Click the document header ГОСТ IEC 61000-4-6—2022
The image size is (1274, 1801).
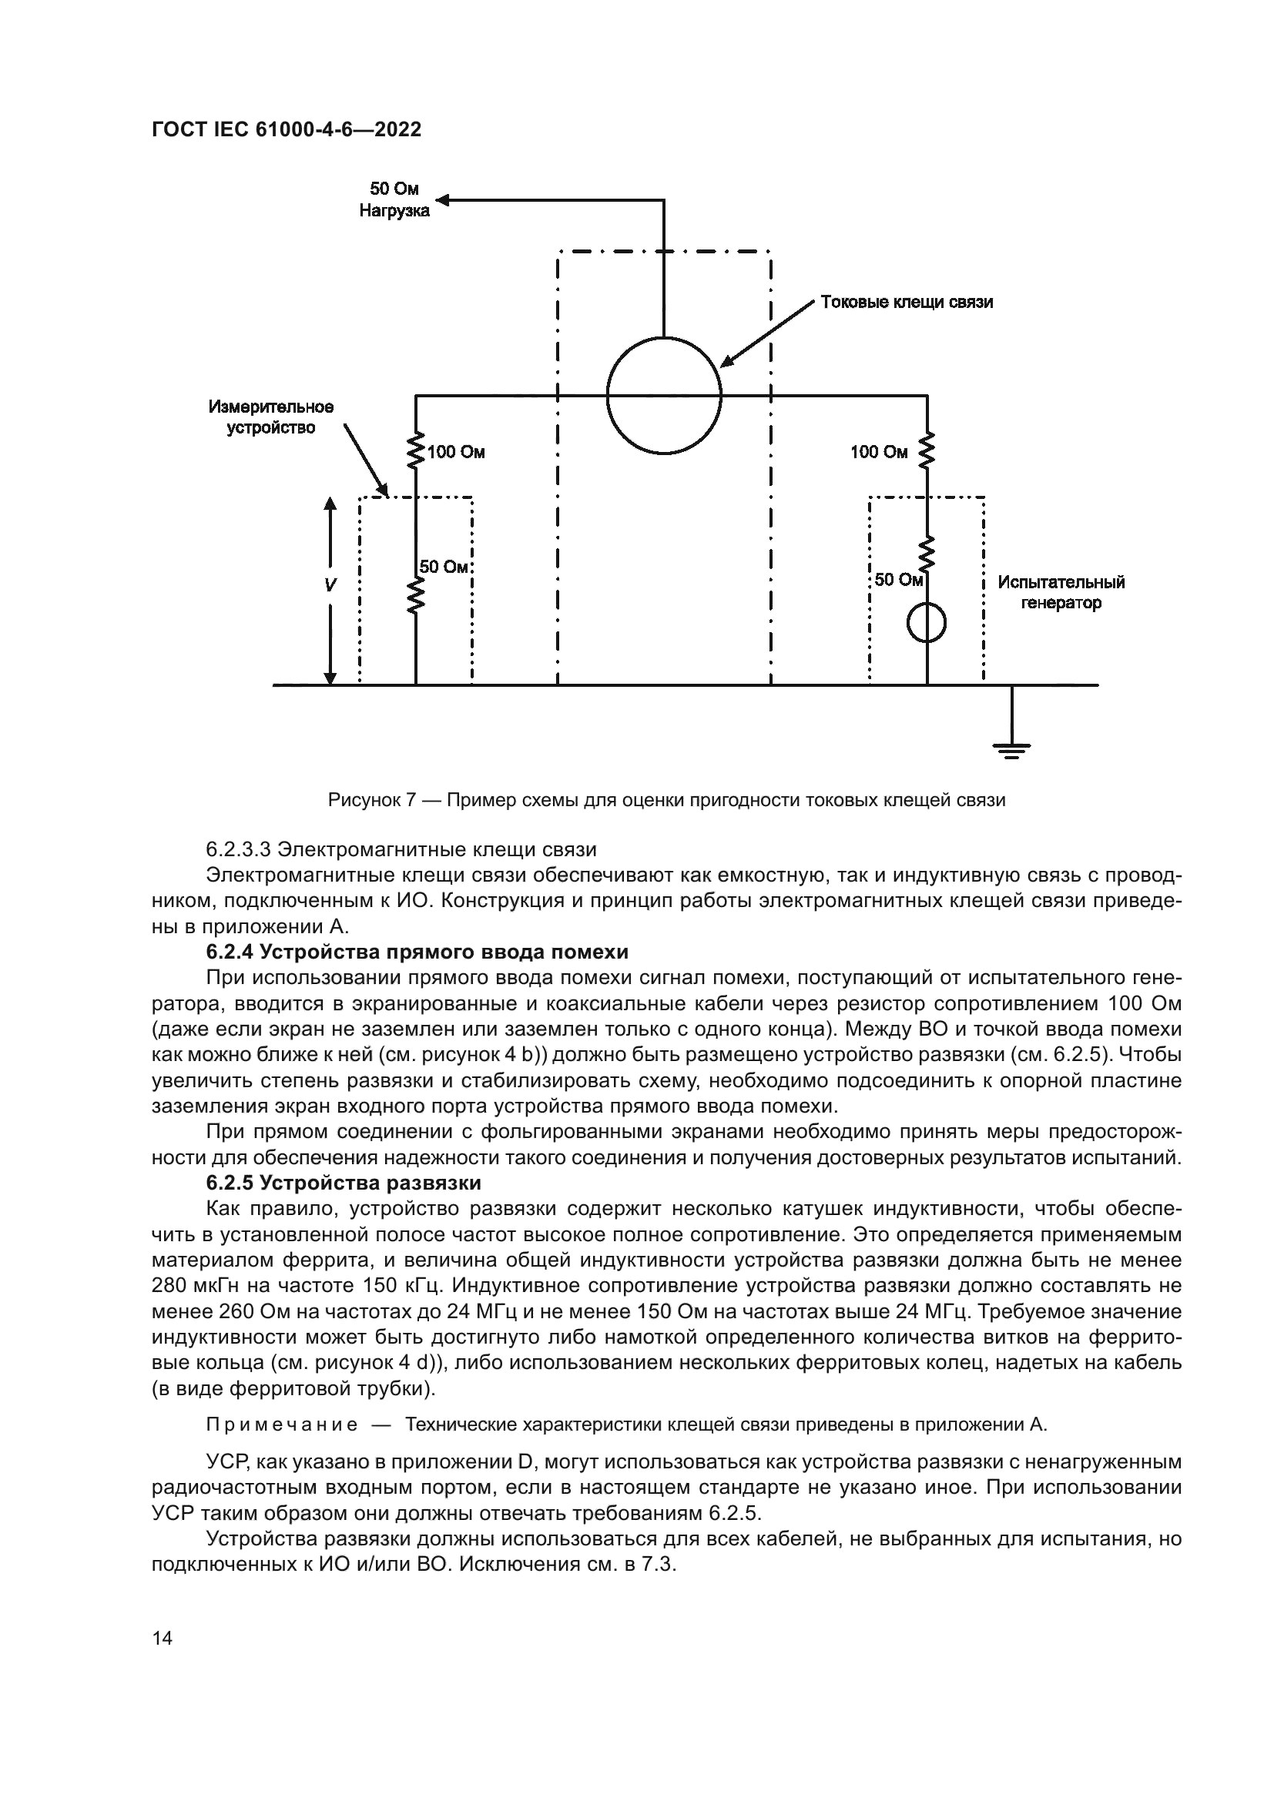coord(287,129)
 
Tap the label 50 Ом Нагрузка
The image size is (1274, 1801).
coord(394,200)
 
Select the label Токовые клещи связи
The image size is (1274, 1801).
coord(906,302)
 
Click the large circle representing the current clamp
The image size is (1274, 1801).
coord(664,395)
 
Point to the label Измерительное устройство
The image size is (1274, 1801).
coord(270,417)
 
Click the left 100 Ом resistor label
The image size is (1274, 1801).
coord(456,453)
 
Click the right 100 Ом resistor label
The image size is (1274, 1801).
coord(879,453)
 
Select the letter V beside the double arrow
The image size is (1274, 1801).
coord(330,585)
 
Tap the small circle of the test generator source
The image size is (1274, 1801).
coord(927,624)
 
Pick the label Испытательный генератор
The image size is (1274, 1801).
coord(1061,592)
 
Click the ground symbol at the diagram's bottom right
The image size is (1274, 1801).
coord(1012,750)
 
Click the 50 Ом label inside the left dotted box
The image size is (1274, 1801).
coord(444,567)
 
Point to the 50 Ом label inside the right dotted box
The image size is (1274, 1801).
coord(899,580)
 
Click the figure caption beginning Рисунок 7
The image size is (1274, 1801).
coord(666,800)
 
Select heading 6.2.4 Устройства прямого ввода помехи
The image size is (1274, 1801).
coord(417,952)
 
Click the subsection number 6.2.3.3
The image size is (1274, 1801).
coord(239,849)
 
